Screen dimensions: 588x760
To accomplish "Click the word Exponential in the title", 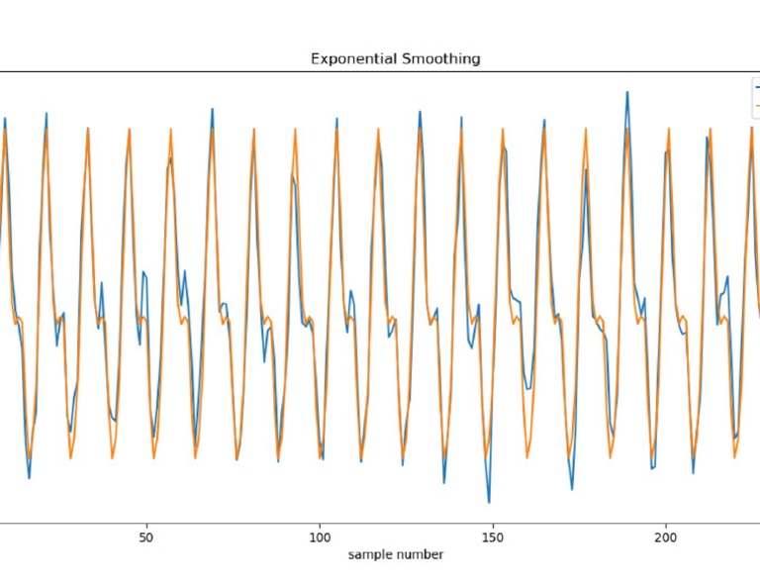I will pos(347,58).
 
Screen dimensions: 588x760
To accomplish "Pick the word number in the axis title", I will pos(419,554).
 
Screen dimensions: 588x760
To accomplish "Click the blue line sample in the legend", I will pos(757,87).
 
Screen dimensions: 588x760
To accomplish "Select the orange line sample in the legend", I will pos(757,104).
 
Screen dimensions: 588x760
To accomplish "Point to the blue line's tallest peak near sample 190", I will pos(626,92).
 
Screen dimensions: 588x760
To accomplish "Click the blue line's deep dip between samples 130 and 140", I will pos(443,482).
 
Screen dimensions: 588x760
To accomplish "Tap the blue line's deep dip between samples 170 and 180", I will pos(572,489).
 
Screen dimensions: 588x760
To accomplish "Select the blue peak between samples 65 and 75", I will pos(212,109).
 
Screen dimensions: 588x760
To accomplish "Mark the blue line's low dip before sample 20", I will pos(29,478).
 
